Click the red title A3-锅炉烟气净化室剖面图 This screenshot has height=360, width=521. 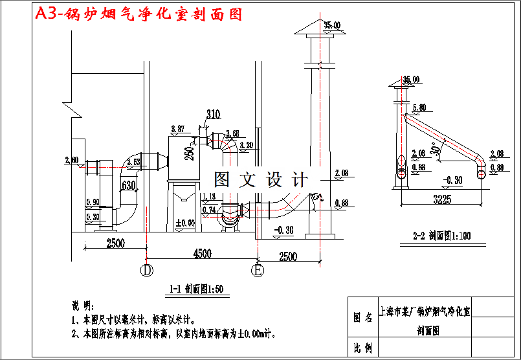coord(139,14)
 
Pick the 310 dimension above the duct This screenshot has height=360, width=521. coord(213,115)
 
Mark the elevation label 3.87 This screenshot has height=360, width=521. coord(177,129)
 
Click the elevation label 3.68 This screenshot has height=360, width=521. coord(233,133)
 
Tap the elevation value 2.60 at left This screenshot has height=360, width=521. coord(72,160)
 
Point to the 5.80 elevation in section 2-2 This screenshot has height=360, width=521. coord(418,107)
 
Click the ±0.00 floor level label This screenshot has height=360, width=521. coord(185,223)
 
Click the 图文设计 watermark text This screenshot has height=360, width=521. coord(261,179)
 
